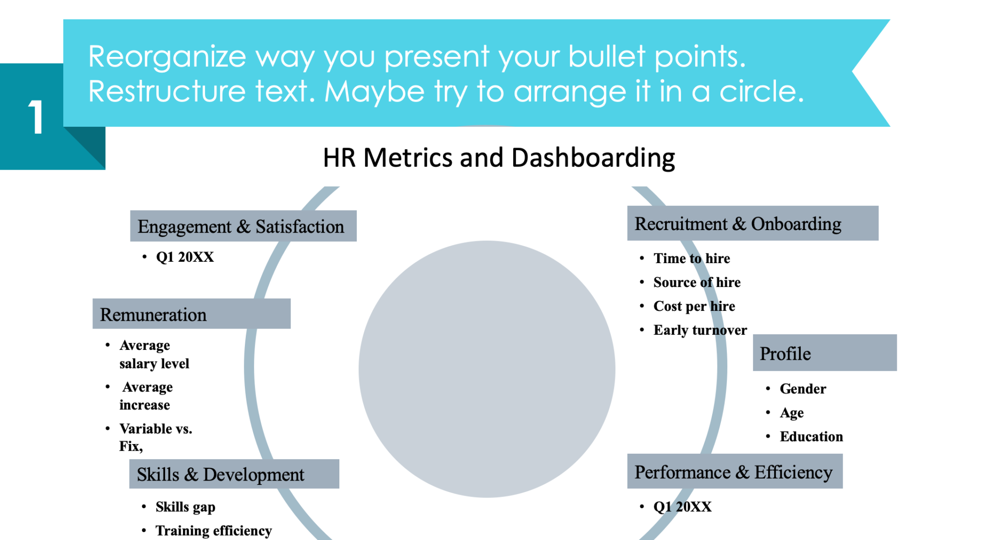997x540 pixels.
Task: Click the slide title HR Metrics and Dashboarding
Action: tap(498, 158)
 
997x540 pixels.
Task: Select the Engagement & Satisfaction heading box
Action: tap(243, 226)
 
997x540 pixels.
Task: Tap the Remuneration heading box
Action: tap(191, 314)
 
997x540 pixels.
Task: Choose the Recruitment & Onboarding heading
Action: tap(752, 224)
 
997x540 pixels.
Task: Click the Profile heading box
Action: tap(824, 353)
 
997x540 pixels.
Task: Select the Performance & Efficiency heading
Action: tap(734, 472)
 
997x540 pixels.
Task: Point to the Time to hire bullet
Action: tap(691, 258)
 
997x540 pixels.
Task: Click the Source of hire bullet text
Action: tap(697, 282)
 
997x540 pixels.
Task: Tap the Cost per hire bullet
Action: tap(694, 306)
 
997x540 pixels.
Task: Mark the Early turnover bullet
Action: tap(700, 330)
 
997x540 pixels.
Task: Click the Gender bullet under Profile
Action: tap(803, 389)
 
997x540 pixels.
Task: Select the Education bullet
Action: tap(811, 436)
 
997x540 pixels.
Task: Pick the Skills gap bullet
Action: tap(185, 507)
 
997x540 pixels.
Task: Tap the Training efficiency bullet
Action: tap(213, 530)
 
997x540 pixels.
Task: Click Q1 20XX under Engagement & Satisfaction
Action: tap(185, 257)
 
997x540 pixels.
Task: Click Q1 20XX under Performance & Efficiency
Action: tap(682, 507)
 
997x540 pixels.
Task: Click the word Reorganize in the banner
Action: tap(167, 57)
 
